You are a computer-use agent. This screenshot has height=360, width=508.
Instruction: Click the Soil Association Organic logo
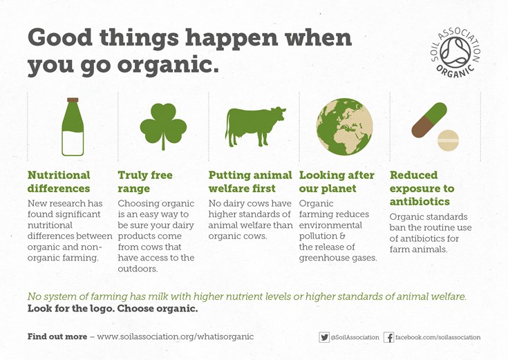tap(455, 53)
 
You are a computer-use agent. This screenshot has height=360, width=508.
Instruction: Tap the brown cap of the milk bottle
tap(73, 100)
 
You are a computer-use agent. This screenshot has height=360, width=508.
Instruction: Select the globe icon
tap(344, 126)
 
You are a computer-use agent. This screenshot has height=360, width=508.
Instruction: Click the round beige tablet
tap(448, 141)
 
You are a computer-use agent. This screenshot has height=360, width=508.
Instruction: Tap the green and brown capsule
tap(429, 120)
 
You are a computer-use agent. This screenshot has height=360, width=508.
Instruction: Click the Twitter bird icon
tap(324, 337)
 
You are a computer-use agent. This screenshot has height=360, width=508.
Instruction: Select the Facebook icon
tap(388, 337)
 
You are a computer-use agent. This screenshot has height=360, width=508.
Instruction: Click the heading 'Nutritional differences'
tap(59, 182)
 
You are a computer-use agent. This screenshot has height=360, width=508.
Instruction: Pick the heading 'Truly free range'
tap(145, 182)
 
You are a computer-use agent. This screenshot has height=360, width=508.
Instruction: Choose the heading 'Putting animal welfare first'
tap(250, 182)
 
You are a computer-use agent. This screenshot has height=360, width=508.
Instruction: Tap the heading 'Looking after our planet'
tap(337, 182)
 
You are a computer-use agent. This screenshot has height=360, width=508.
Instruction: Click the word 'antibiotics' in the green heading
tap(420, 202)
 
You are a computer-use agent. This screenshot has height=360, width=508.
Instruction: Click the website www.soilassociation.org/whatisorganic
tap(176, 337)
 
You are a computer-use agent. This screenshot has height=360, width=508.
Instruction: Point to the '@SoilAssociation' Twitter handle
tap(355, 337)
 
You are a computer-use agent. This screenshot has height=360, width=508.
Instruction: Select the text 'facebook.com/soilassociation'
tap(438, 337)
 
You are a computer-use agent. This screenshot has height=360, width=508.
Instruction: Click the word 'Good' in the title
tap(60, 37)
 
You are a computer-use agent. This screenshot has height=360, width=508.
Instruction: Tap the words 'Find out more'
tap(57, 337)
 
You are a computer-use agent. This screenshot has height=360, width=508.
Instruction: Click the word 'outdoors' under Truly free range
tap(138, 269)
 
